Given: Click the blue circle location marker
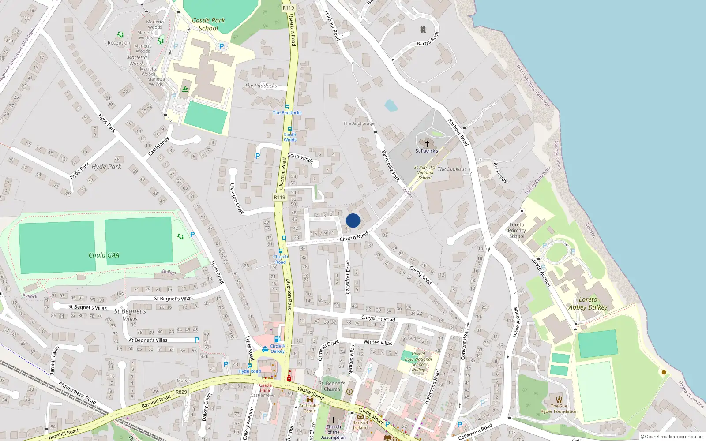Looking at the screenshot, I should (x=353, y=220).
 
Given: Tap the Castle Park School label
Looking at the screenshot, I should (x=208, y=24).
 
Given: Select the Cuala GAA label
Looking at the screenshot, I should (x=104, y=255).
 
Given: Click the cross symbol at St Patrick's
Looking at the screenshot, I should (x=427, y=144).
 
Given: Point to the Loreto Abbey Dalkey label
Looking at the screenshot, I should (x=588, y=303).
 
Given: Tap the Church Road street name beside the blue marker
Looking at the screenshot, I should (x=354, y=237).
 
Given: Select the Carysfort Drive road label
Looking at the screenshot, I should (x=348, y=277).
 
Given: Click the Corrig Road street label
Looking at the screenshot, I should (x=421, y=275).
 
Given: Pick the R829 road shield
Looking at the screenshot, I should (x=181, y=392).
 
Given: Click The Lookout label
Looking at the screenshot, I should (x=451, y=169).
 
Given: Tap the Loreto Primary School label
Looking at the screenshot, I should (x=517, y=230).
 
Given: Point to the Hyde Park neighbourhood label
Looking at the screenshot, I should (x=106, y=167).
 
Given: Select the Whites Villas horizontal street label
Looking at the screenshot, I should (x=378, y=342).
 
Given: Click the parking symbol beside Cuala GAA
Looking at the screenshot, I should (x=192, y=235).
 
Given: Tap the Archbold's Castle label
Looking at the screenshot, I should (x=310, y=408).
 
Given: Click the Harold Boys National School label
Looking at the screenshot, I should (x=418, y=362).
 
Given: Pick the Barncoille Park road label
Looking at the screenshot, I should (x=391, y=166).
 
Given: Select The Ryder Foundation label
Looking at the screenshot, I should (x=559, y=409).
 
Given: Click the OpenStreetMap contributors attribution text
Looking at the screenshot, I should (x=672, y=437).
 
